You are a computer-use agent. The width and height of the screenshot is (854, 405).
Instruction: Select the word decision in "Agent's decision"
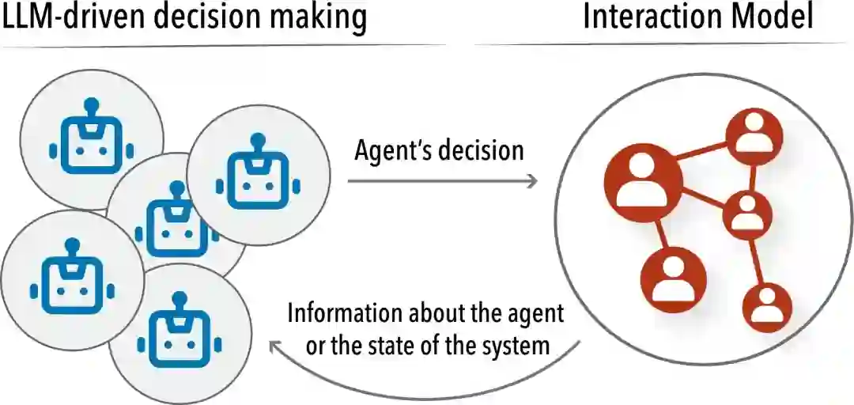[x=482, y=150]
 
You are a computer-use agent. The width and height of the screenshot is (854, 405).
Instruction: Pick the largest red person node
[x=643, y=183]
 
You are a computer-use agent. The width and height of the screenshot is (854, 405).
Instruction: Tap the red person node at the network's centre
[x=746, y=213]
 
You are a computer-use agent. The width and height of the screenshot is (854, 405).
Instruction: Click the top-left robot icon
[x=92, y=142]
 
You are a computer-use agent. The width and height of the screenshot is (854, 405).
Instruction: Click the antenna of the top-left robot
[x=92, y=106]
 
